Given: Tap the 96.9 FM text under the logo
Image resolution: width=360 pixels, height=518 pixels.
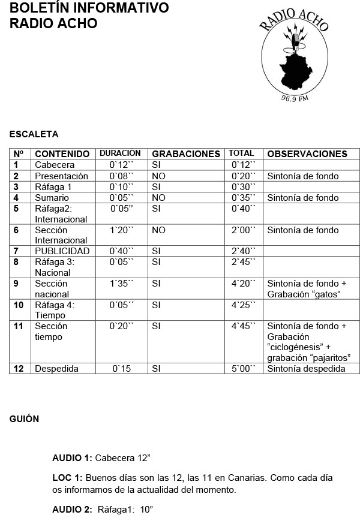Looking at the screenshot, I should pos(295,99).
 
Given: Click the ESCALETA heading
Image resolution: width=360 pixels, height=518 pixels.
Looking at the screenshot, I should pos(34,134).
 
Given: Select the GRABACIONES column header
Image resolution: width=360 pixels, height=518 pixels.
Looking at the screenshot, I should pos(186,154).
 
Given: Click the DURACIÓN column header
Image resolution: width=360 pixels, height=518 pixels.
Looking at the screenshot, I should pos(120,153).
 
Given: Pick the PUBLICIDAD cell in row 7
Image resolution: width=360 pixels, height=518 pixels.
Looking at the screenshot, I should pos(62,251).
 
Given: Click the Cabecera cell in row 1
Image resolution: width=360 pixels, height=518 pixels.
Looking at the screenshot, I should pos(55,165).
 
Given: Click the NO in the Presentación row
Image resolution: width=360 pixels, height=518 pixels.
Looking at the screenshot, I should pos(158,176).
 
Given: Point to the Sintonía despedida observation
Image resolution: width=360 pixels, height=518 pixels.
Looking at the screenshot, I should pos(306,369).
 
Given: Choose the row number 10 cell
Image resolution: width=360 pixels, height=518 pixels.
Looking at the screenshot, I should pos(19,305).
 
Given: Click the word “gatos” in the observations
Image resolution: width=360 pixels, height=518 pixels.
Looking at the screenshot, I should pos(326,294).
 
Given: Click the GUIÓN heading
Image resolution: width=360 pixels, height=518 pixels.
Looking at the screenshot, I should pos(24,419).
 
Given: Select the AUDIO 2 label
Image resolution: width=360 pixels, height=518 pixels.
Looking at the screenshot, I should pos(73,509).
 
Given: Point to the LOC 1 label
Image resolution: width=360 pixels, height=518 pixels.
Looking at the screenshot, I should pos(67,478).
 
